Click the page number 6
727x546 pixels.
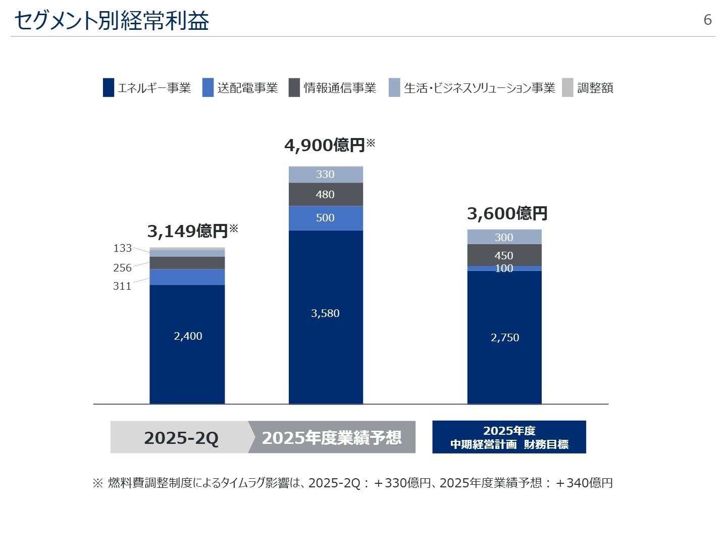pyautogui.click(x=707, y=20)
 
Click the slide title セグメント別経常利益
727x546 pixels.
pyautogui.click(x=112, y=21)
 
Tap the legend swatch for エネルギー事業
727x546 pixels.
pyautogui.click(x=108, y=87)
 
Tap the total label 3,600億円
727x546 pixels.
pyautogui.click(x=507, y=213)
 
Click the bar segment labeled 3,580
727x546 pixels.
pyautogui.click(x=326, y=313)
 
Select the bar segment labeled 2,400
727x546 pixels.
pyautogui.click(x=187, y=336)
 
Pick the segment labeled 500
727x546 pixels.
pyautogui.click(x=326, y=218)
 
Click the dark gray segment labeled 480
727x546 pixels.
pyautogui.click(x=326, y=195)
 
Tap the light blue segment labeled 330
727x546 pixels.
pyautogui.click(x=326, y=174)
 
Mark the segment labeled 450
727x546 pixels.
pyautogui.click(x=504, y=255)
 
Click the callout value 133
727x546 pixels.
pyautogui.click(x=122, y=248)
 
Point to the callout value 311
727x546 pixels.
pyautogui.click(x=122, y=286)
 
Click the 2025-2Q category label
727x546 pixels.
pyautogui.click(x=181, y=437)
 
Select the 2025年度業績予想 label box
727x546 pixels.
pyautogui.click(x=332, y=437)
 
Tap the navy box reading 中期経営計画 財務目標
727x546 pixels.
pyautogui.click(x=509, y=437)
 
